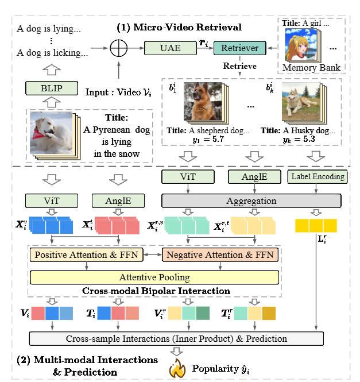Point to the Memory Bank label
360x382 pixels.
(311, 68)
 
